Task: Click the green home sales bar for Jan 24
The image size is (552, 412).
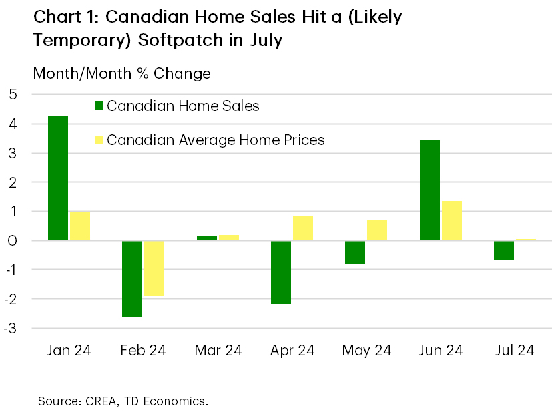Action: click(x=57, y=178)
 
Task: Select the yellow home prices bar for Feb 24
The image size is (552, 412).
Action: click(x=154, y=268)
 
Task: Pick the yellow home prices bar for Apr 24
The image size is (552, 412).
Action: click(x=302, y=228)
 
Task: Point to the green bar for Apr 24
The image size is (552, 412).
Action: click(x=280, y=272)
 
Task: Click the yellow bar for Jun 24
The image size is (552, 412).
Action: click(x=451, y=220)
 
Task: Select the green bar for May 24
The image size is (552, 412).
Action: click(x=354, y=252)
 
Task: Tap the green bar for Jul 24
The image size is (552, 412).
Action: click(x=503, y=250)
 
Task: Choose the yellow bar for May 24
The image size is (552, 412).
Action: click(x=376, y=230)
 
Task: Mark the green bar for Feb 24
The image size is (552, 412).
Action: click(x=131, y=278)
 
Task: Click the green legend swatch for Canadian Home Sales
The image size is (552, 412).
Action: click(x=99, y=106)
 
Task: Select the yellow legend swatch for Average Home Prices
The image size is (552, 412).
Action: click(x=99, y=140)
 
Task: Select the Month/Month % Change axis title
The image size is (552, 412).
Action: click(x=121, y=73)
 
